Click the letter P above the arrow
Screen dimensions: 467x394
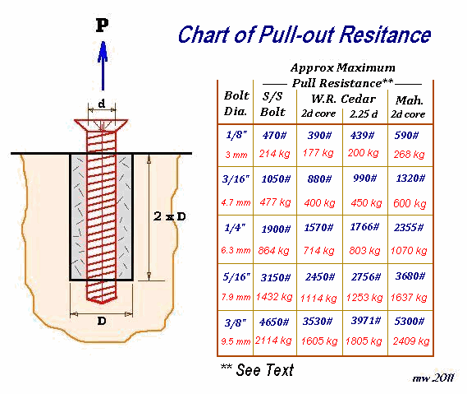click(x=102, y=25)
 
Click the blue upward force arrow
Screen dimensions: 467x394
click(x=103, y=66)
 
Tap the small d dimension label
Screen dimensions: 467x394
click(x=102, y=104)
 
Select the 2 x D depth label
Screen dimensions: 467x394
click(x=169, y=216)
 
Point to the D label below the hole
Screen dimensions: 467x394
click(x=102, y=321)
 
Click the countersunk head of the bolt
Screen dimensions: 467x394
click(x=101, y=125)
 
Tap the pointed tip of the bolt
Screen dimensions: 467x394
click(x=102, y=302)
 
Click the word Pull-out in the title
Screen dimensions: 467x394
click(x=297, y=35)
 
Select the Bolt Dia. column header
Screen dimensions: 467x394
click(x=236, y=104)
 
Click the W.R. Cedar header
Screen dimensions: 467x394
click(x=343, y=99)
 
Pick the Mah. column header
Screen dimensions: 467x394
click(x=410, y=100)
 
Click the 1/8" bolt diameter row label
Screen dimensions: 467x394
click(x=236, y=135)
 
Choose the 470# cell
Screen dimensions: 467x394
click(x=274, y=136)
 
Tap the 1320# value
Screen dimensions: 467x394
click(x=410, y=178)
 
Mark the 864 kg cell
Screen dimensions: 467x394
click(x=273, y=250)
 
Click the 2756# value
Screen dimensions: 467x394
click(x=366, y=276)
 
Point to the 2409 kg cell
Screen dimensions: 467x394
click(x=411, y=341)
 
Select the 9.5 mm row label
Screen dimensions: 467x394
click(x=236, y=341)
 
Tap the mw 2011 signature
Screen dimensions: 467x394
click(x=433, y=378)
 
